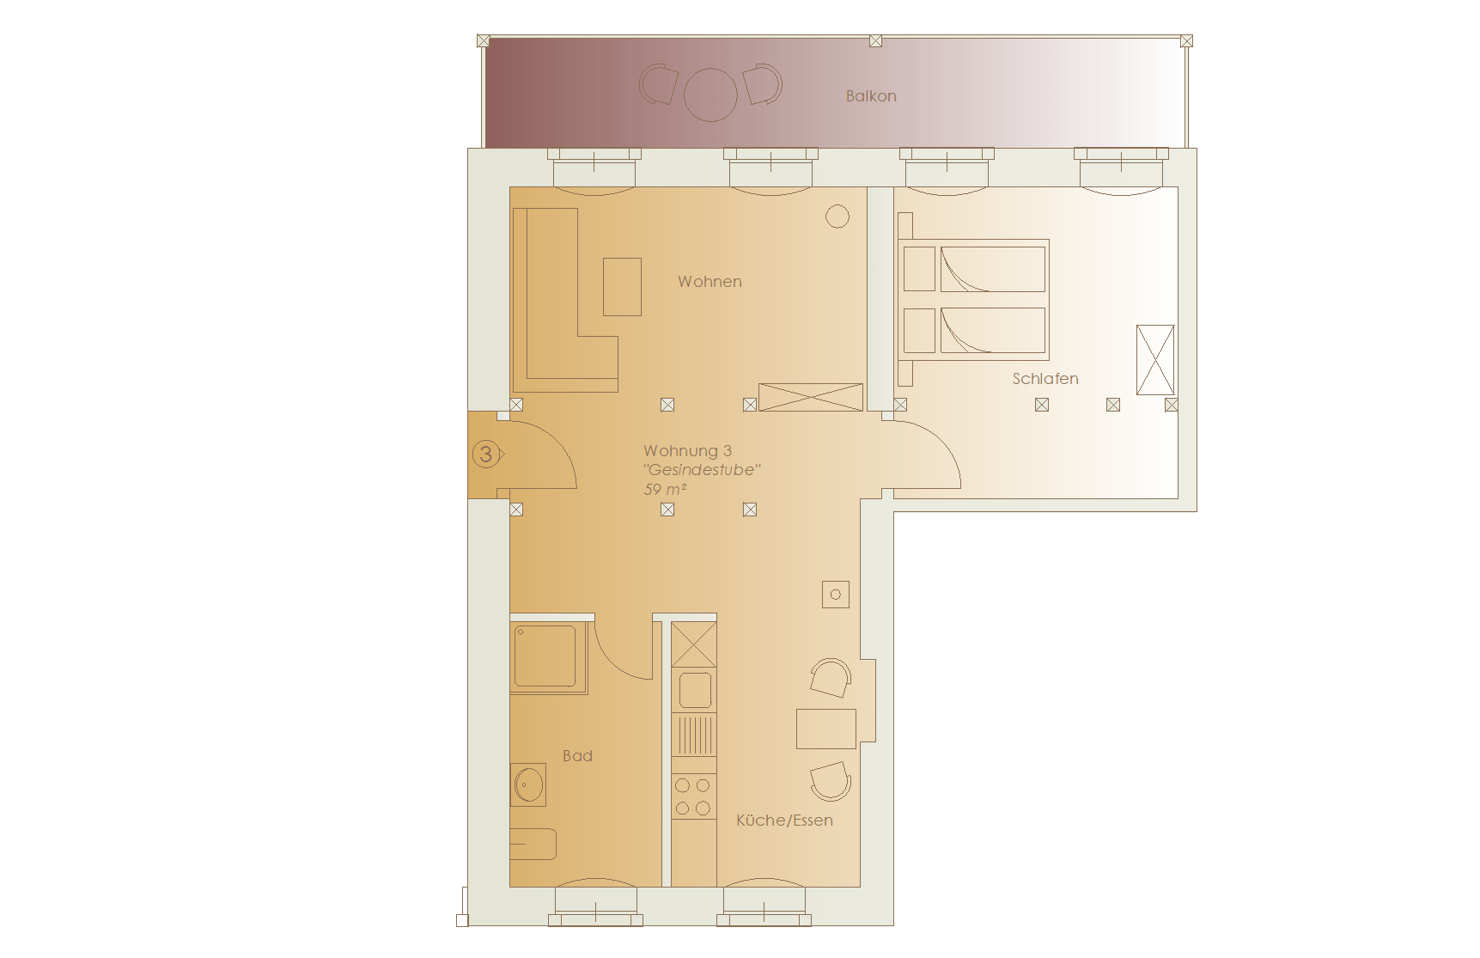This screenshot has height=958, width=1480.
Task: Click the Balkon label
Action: coord(871,96)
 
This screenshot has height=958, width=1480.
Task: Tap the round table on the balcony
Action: coord(710,95)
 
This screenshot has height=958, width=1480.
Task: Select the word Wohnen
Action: coord(710,282)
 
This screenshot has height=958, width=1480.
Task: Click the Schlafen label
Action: coord(1045,379)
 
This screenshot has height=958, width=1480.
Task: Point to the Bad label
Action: coord(577,756)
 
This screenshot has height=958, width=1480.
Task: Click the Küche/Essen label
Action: coord(784,821)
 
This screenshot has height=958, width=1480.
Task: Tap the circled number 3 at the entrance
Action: coord(486,454)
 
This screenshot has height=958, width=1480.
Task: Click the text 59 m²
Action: coord(665,490)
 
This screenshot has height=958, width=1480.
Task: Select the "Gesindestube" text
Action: coord(702,470)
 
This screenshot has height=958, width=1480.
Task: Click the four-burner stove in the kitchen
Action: coord(693,796)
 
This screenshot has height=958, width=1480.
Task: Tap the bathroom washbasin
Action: coord(528,784)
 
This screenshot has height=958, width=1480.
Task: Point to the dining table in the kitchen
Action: coord(826,729)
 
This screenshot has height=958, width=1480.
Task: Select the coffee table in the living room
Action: coord(622,287)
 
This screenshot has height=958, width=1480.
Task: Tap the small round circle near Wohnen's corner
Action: coord(837,217)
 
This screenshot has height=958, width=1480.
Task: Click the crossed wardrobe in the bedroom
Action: coord(1155,360)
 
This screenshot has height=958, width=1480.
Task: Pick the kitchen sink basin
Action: coord(695,689)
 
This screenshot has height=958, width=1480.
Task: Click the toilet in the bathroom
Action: coord(533,845)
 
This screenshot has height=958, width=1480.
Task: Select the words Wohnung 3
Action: coord(687,451)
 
